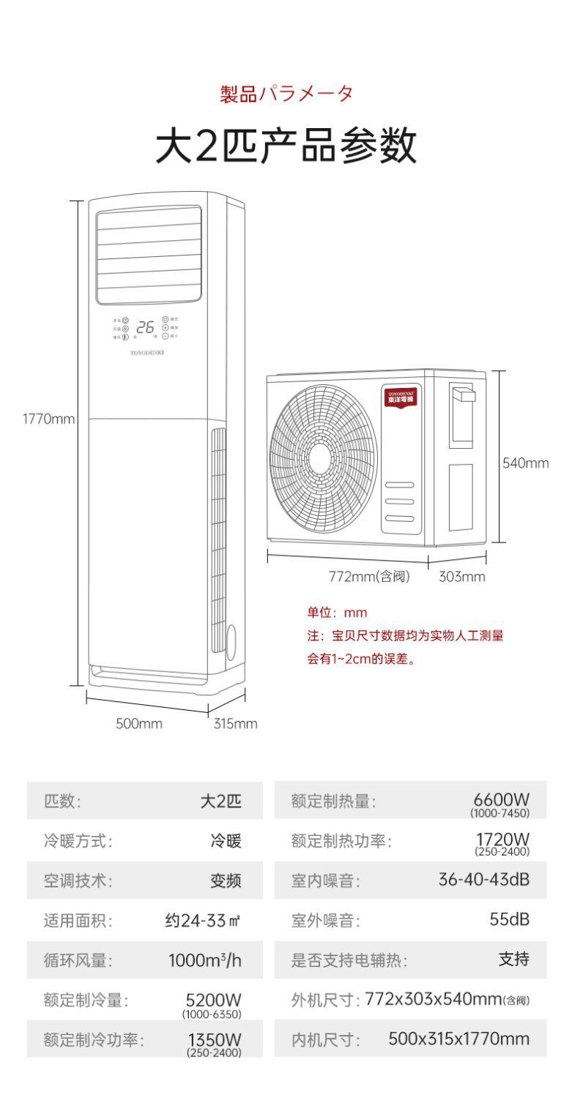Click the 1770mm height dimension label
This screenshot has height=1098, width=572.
pos(48,419)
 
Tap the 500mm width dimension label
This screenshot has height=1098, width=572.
pos(138,724)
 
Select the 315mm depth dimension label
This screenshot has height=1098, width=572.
pos(235,724)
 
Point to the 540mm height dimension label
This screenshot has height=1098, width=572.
pos(525,463)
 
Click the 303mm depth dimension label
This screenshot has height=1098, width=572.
pos(461,577)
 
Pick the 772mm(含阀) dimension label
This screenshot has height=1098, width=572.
pos(369,577)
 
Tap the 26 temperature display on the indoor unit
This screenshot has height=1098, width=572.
pos(145,328)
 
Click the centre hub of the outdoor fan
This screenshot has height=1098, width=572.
pos(319,457)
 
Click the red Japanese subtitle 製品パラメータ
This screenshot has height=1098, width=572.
pos(286,94)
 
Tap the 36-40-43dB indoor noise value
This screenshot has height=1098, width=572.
pos(483,879)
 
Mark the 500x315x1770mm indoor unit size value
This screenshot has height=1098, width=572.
pos(458,1039)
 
